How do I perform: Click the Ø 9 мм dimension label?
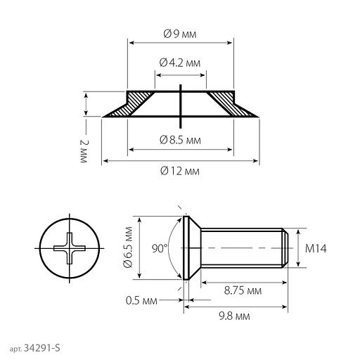[180, 34]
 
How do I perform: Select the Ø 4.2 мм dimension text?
[180, 63]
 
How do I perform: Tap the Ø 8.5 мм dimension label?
[180, 140]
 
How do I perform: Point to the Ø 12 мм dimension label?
[180, 171]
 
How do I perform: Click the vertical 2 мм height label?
[84, 151]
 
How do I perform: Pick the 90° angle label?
[160, 248]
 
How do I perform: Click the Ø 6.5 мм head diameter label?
[128, 247]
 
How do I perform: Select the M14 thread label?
[316, 248]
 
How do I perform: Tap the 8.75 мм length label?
[243, 291]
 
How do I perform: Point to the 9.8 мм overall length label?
[234, 316]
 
